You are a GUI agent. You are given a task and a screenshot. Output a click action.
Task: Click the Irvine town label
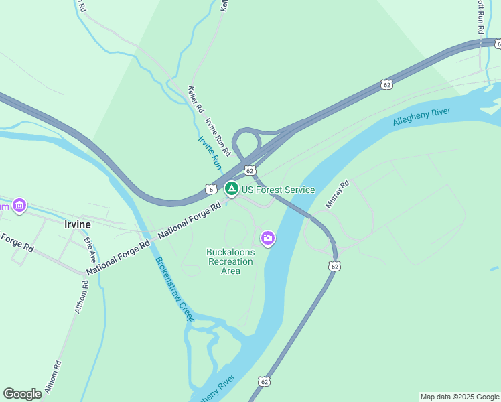[77, 224]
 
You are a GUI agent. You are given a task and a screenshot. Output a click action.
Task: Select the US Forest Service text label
[278, 190]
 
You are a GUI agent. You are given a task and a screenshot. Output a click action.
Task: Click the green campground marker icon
[231, 189]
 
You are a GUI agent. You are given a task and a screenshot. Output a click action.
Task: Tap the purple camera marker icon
[268, 238]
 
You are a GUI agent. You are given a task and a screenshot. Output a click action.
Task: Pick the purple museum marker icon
[19, 205]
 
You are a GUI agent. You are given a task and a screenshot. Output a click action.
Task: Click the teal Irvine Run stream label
[210, 151]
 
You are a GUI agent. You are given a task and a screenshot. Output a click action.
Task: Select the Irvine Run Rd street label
[218, 136]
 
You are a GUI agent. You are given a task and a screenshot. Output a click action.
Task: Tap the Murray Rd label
[338, 194]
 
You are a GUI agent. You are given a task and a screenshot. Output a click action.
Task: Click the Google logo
[23, 393]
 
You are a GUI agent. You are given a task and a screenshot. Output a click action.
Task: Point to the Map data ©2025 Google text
[459, 397]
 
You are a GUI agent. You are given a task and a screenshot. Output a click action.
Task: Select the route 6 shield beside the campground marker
[210, 189]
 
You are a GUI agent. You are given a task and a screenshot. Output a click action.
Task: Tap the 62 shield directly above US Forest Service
[249, 171]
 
